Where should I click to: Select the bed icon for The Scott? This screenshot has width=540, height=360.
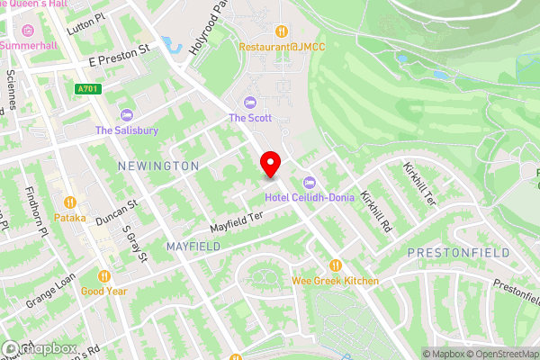click(x=249, y=101)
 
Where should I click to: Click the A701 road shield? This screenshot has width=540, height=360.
click(x=86, y=89)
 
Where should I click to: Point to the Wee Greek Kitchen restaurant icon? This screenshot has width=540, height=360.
click(x=335, y=265)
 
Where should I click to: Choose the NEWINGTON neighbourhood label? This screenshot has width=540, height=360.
click(x=158, y=166)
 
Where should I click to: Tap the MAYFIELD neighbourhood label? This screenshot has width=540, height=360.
click(x=193, y=246)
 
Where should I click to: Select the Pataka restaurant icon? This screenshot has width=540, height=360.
click(x=69, y=202)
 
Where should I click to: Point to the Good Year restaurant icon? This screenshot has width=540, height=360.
click(x=104, y=276)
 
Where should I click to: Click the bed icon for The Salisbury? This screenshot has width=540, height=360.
click(x=127, y=114)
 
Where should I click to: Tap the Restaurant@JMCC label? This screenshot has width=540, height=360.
click(x=281, y=46)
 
